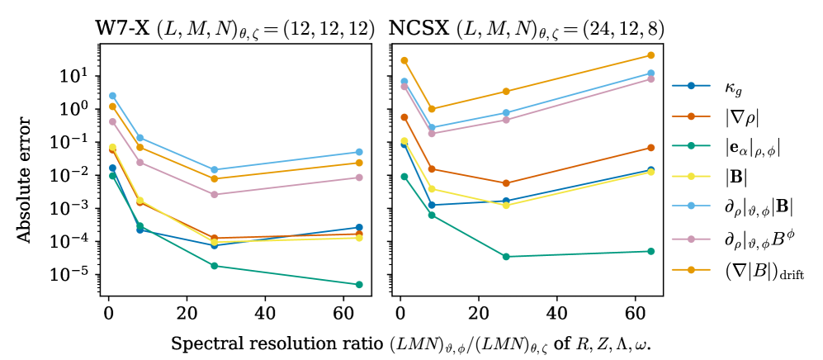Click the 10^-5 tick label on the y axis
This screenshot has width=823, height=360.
click(73, 275)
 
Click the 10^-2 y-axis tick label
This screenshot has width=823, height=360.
click(73, 175)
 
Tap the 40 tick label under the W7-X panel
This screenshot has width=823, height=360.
click(265, 314)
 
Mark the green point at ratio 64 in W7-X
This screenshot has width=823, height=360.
click(359, 285)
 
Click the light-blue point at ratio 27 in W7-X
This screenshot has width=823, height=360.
click(214, 170)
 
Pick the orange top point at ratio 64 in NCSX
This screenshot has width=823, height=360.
click(651, 55)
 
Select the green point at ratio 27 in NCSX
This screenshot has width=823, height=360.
click(506, 257)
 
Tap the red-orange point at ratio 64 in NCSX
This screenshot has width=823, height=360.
click(651, 148)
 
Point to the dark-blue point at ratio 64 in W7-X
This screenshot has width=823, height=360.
click(359, 227)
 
